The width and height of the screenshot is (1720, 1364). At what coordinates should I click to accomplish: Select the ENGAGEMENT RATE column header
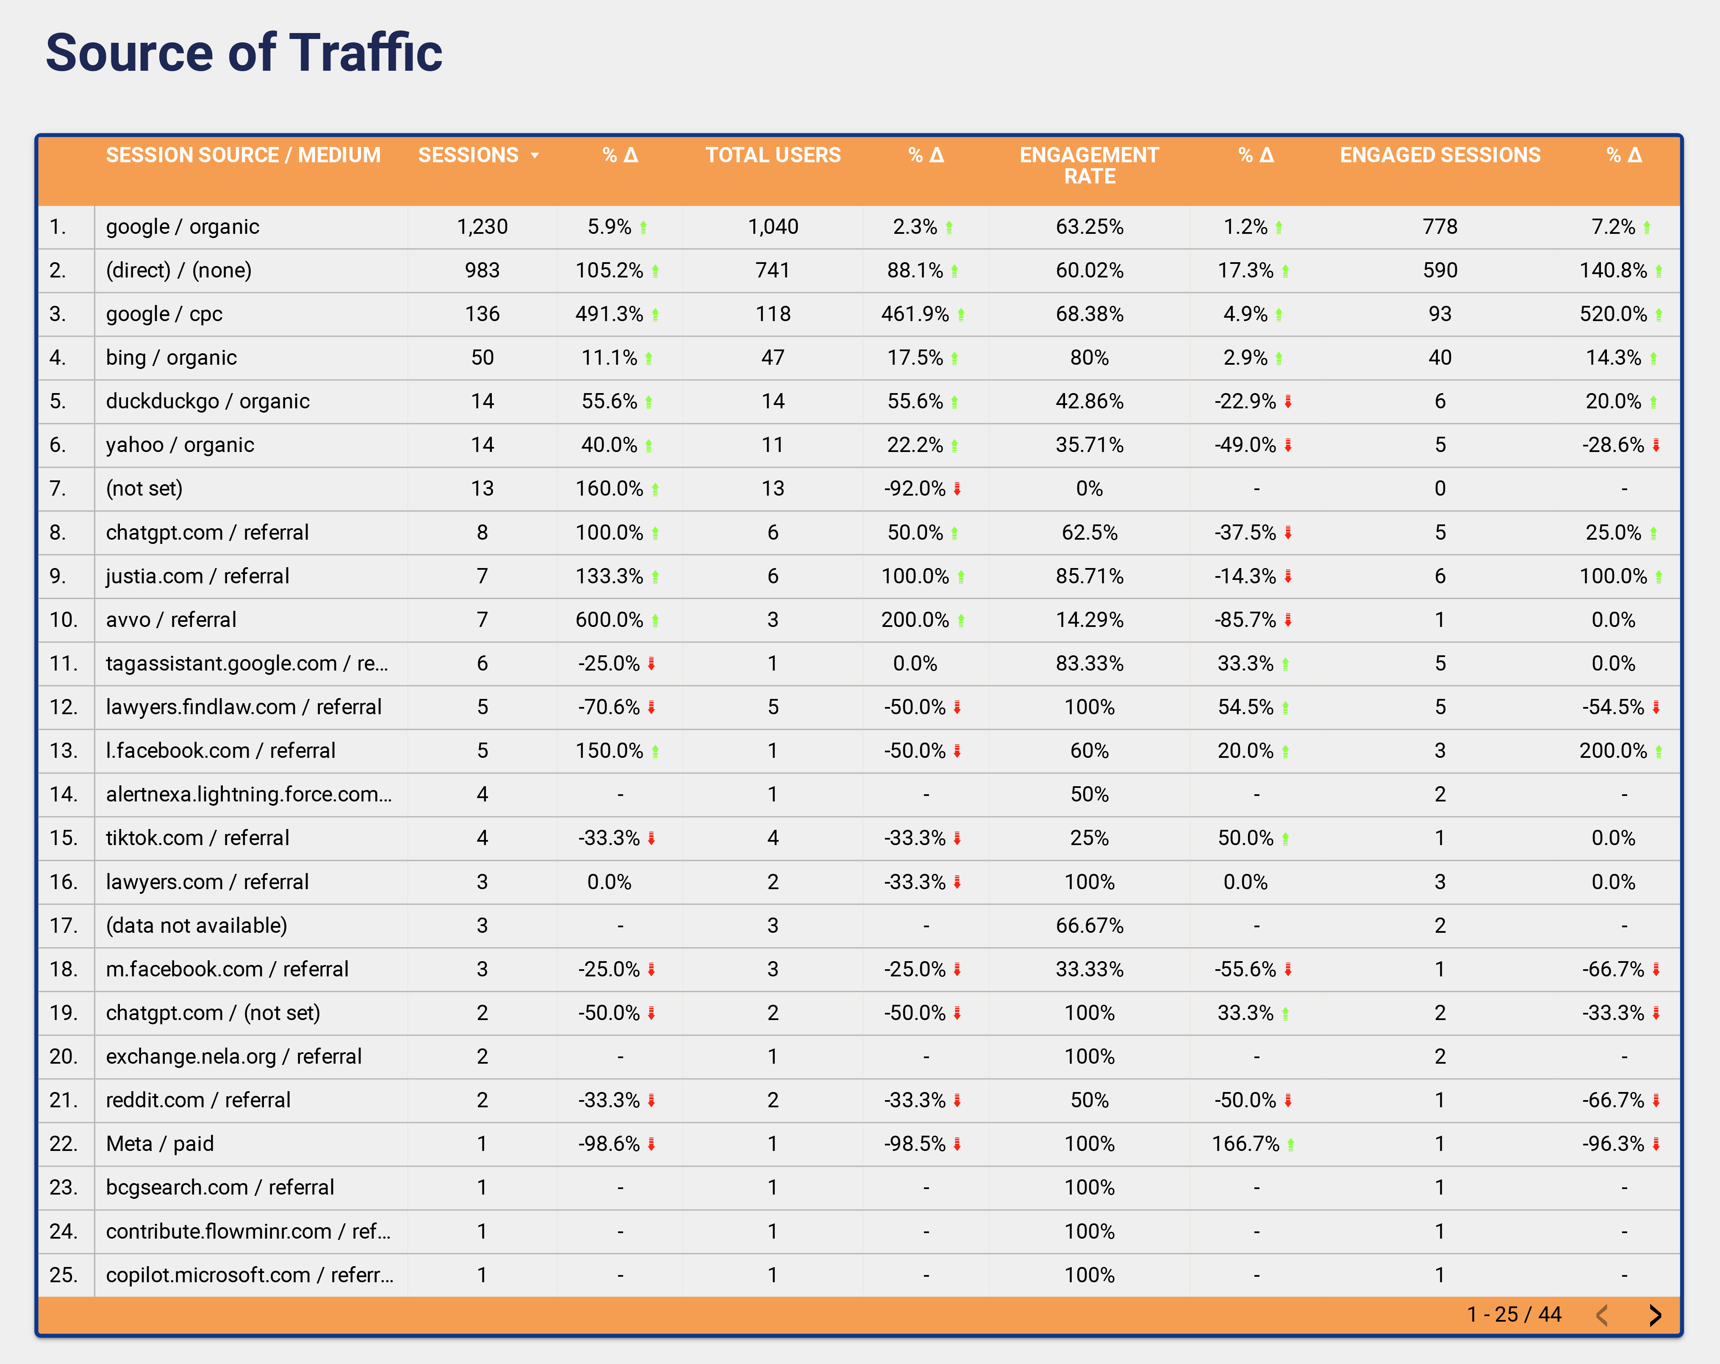point(1089,165)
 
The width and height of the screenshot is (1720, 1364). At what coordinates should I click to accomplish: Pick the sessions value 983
point(482,270)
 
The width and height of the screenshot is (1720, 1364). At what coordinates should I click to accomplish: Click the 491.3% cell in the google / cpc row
point(610,314)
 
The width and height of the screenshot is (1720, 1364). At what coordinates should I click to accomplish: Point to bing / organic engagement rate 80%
point(1089,358)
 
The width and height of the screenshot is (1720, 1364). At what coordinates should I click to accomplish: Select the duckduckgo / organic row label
point(208,401)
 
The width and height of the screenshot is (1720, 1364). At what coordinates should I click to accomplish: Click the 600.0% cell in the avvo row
point(610,620)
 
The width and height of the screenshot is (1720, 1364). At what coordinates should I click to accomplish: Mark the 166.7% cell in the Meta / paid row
point(1246,1144)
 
